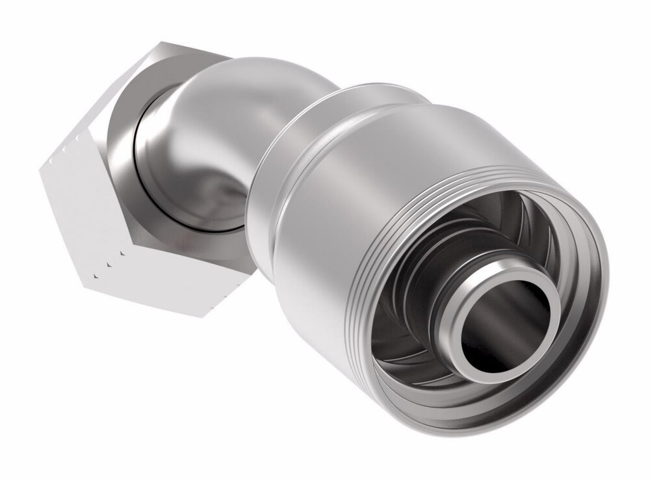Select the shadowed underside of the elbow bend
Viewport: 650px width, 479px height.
(x=214, y=195)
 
